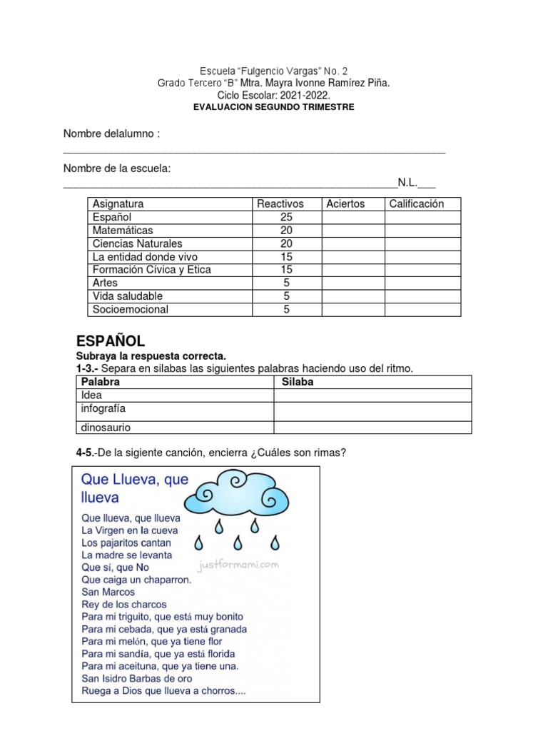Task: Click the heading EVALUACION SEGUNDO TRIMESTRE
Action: (274, 107)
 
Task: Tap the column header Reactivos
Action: (280, 203)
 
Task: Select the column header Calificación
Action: (416, 203)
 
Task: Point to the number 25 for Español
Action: (285, 217)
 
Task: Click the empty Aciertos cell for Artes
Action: (353, 283)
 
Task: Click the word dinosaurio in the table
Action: (106, 428)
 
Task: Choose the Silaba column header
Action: (298, 382)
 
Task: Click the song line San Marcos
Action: (108, 592)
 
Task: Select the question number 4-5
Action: (86, 452)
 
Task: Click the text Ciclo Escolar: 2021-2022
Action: (274, 95)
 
